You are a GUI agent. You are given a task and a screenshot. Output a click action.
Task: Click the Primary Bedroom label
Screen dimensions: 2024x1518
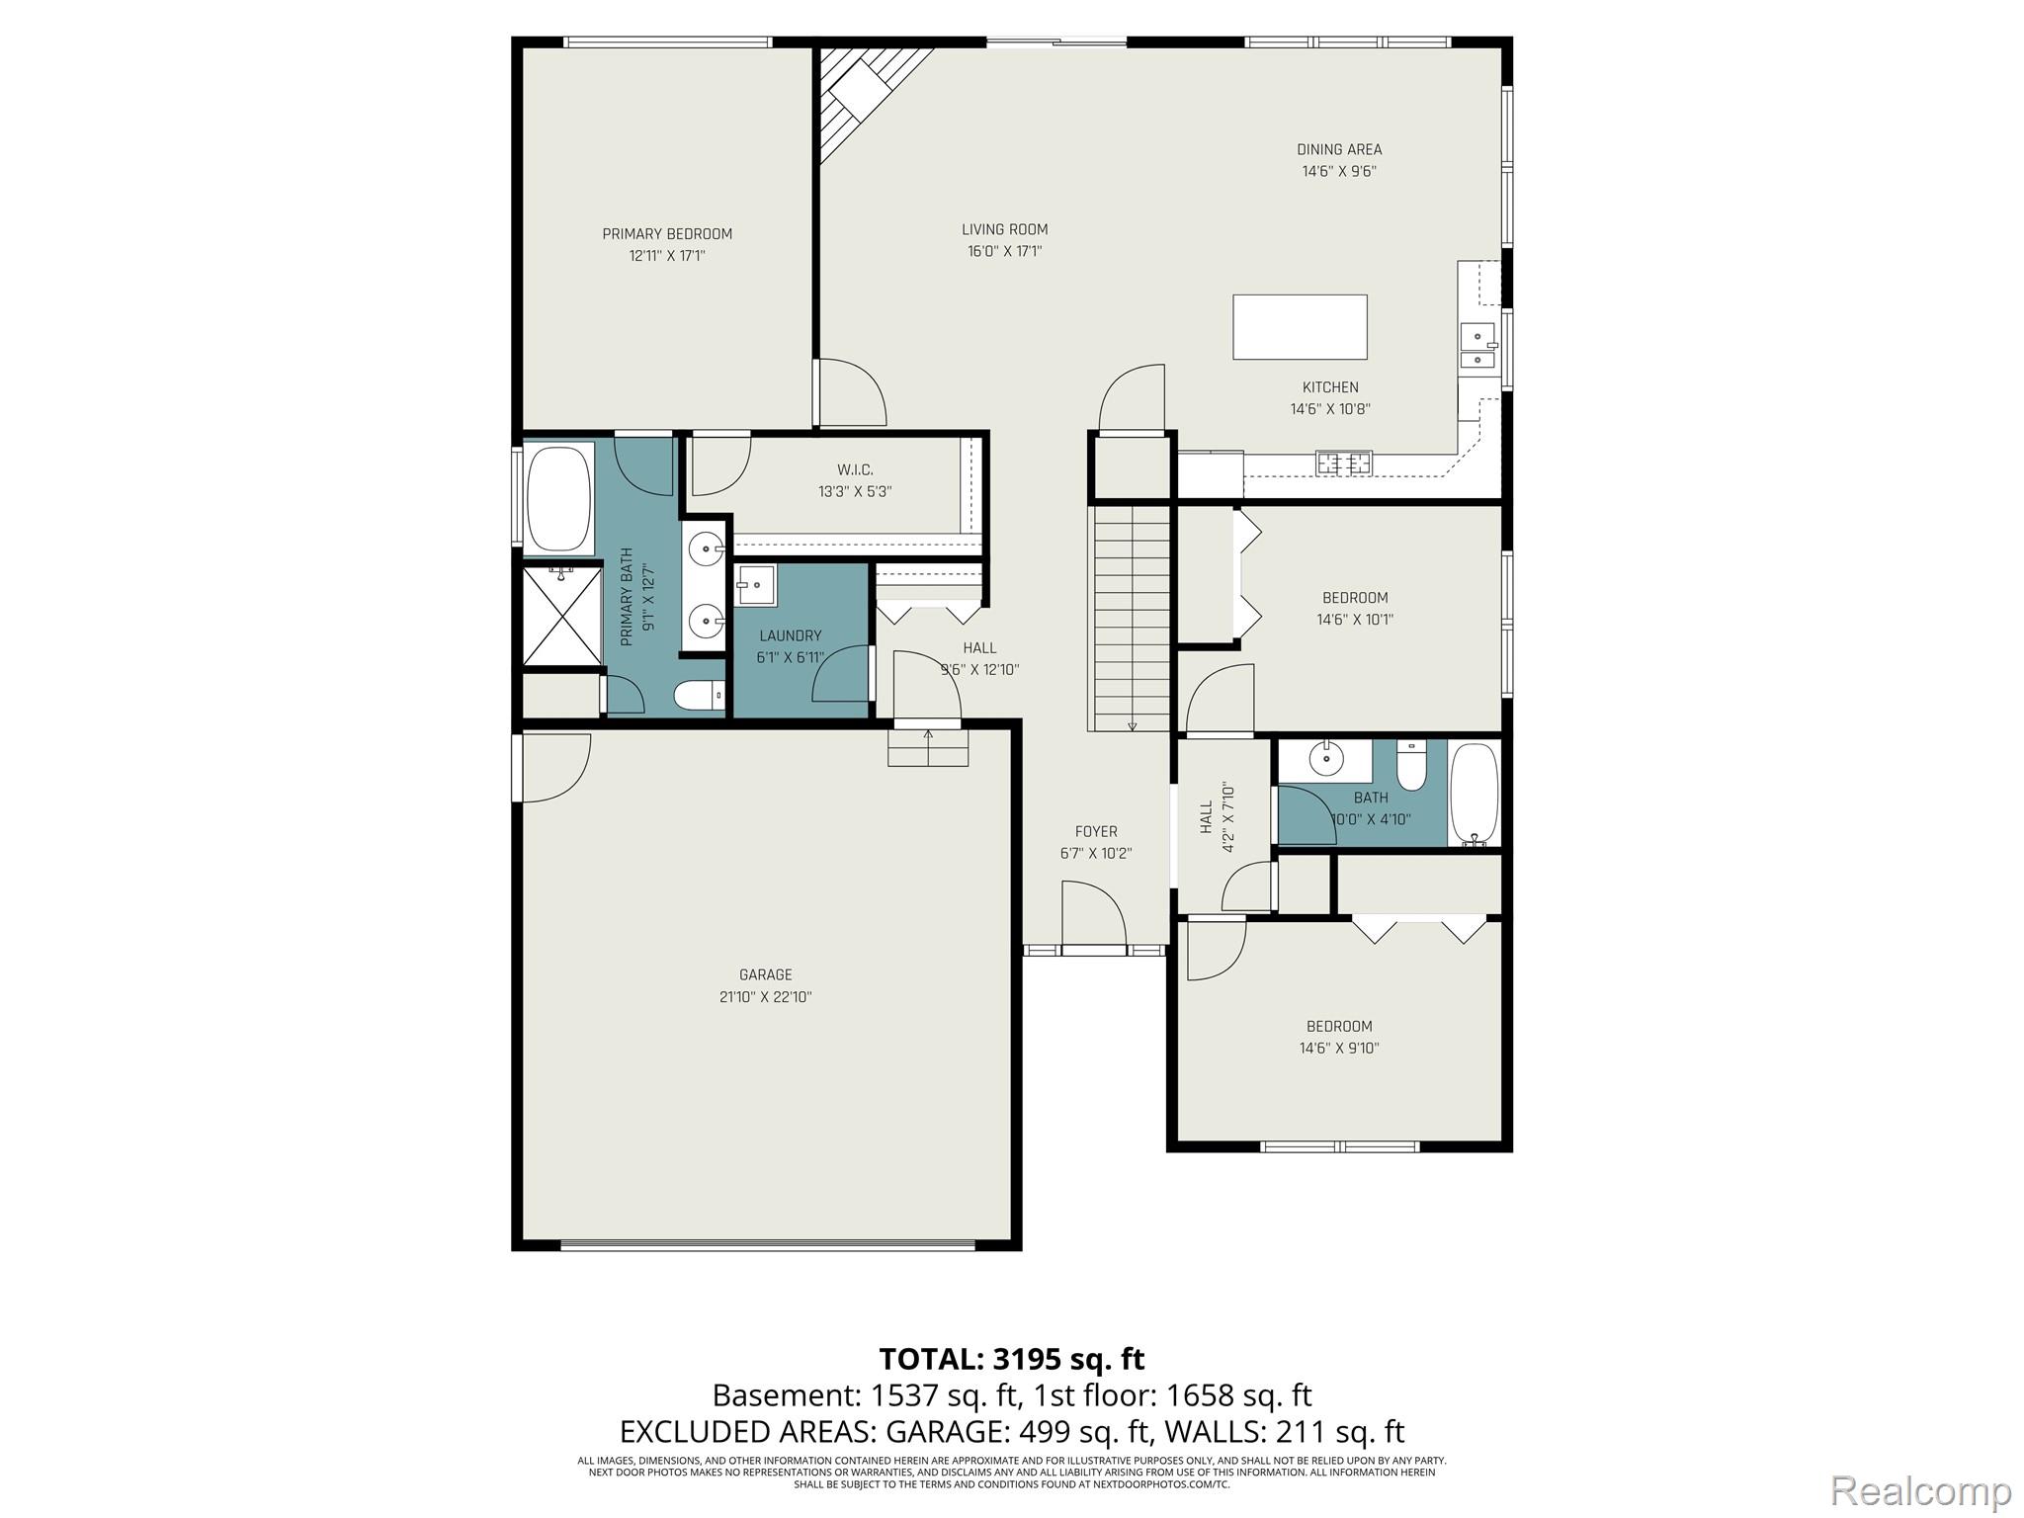coord(667,234)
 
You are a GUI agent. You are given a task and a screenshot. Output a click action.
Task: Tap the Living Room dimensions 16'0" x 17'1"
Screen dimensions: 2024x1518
coord(1004,251)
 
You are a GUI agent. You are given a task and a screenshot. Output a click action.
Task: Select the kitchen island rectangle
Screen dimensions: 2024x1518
coord(1300,327)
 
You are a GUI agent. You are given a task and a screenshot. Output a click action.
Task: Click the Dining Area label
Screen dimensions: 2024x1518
coord(1339,149)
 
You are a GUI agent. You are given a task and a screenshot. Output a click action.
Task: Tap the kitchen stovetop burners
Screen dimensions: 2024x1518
coord(1343,462)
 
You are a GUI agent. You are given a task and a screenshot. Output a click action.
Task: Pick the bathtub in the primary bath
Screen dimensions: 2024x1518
coord(559,497)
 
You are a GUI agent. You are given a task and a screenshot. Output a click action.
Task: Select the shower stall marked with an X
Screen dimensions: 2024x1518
coord(561,616)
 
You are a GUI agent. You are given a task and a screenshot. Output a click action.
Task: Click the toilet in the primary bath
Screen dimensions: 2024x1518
coord(700,696)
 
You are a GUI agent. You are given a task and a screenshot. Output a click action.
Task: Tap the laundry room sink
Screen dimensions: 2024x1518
coord(756,585)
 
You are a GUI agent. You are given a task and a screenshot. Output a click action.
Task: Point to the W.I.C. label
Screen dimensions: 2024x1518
coord(855,469)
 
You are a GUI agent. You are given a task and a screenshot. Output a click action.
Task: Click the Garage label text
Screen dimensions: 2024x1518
coord(766,974)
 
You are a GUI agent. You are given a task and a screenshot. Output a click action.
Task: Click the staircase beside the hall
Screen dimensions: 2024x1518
coord(1129,619)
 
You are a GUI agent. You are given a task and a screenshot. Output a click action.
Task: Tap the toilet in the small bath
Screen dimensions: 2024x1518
coord(1411,766)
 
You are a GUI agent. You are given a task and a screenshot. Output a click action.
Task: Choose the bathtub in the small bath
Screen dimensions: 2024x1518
coord(1475,793)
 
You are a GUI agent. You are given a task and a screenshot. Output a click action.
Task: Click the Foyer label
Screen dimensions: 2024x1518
coord(1096,832)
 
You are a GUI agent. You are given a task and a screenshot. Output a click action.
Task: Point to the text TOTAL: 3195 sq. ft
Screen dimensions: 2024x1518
coord(1012,1359)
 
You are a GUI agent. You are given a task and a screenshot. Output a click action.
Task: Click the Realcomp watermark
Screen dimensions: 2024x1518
coord(1920,1489)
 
